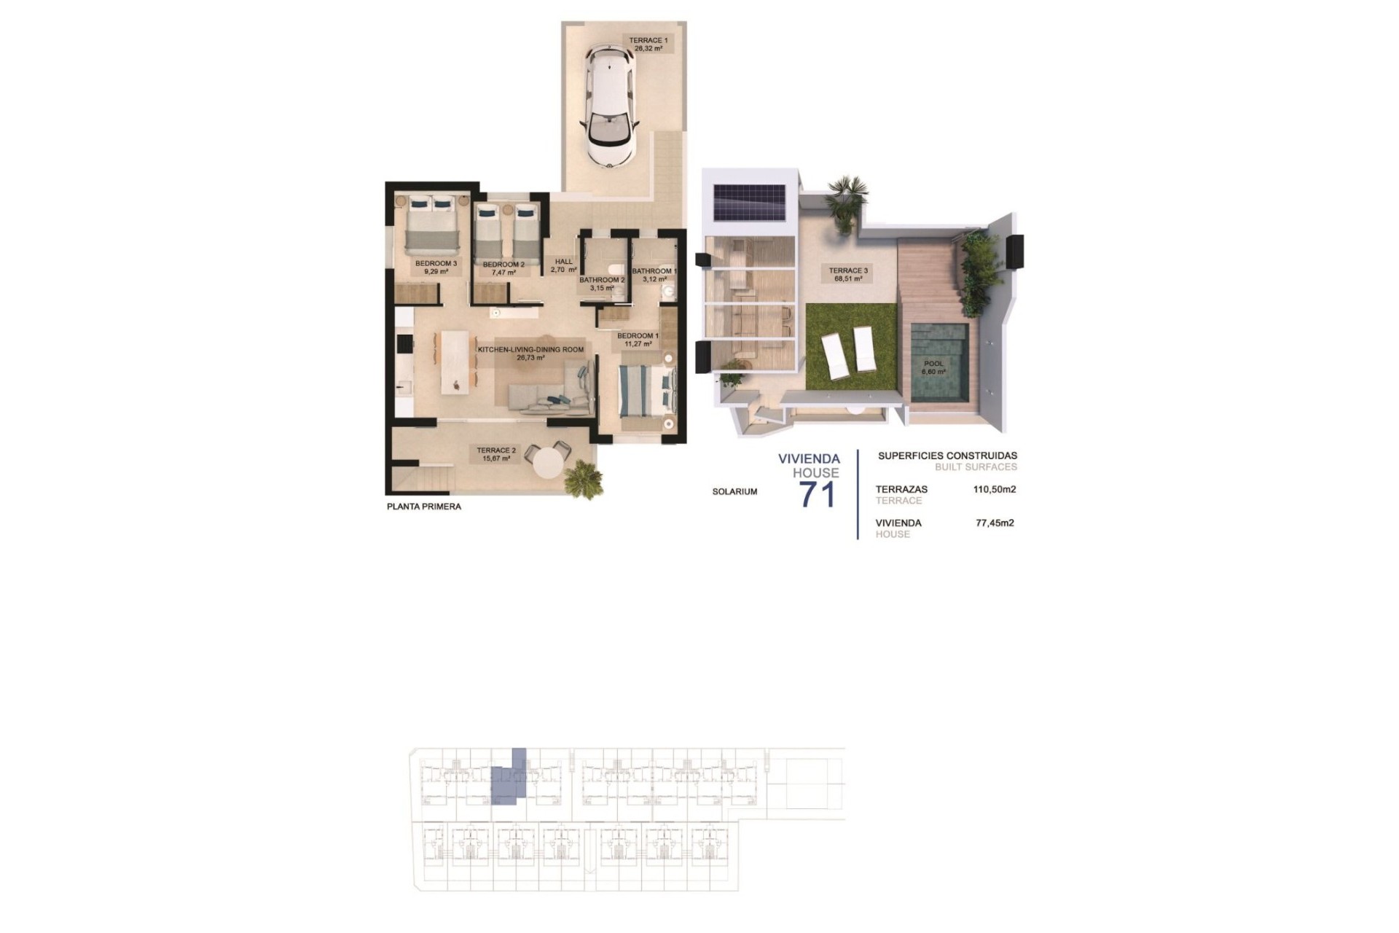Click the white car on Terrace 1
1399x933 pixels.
click(x=608, y=106)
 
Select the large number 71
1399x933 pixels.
click(x=818, y=496)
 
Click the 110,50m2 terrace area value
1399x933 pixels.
click(x=995, y=490)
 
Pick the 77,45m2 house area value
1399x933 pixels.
click(x=995, y=523)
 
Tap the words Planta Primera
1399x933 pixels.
click(x=424, y=507)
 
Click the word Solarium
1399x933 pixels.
click(x=734, y=492)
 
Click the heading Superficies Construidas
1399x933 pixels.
click(x=947, y=456)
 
